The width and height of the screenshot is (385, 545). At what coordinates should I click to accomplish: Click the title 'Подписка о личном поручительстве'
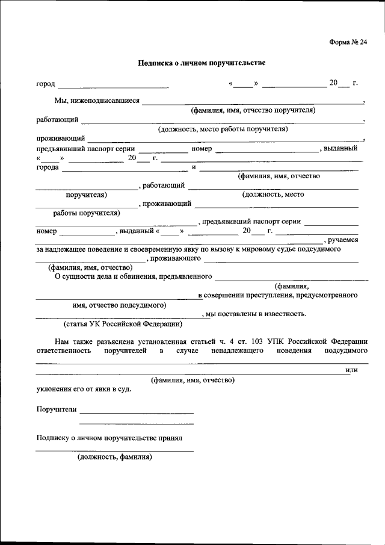(202, 62)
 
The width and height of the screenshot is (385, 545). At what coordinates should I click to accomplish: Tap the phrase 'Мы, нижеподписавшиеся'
(97, 101)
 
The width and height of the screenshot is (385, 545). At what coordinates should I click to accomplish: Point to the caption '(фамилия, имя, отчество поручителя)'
(253, 110)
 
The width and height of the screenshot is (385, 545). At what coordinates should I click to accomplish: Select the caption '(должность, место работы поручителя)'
(223, 129)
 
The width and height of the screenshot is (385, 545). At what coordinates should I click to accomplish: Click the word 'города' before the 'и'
(48, 167)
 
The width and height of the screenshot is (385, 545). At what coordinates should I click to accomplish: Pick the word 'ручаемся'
(343, 240)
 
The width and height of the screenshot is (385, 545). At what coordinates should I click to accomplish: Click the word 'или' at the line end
(352, 370)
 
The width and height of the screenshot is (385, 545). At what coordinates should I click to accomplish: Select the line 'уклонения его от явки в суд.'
(83, 388)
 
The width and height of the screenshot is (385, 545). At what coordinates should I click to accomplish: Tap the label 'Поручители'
(57, 410)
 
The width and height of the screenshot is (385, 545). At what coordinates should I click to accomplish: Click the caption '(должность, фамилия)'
(114, 456)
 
